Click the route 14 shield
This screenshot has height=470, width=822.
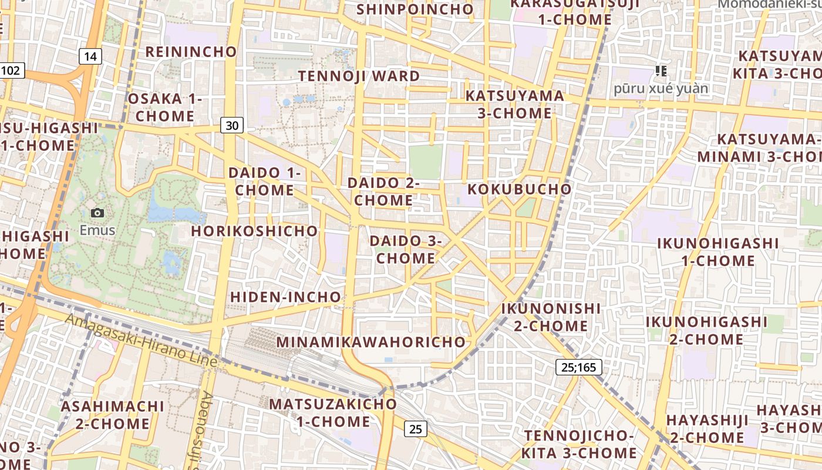pos(90,56)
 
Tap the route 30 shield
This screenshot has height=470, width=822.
pos(233,125)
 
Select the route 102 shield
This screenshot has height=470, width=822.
pos(11,71)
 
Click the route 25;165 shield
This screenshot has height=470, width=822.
pos(578,368)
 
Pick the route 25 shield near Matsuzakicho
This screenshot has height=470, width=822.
pos(415,429)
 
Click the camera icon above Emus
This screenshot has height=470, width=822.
pos(97,213)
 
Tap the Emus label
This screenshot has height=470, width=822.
pos(97,230)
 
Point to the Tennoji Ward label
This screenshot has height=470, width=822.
pos(359,76)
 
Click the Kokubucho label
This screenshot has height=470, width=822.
pos(519,189)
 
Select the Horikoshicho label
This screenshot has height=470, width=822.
pos(254,231)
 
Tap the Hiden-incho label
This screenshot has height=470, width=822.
pos(285,297)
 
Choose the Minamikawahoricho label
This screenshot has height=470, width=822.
pos(370,342)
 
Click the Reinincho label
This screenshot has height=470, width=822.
pos(191,52)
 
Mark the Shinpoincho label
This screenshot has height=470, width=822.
pos(415,9)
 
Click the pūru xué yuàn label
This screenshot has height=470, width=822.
pos(661,89)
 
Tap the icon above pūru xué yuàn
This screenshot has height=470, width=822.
pos(661,71)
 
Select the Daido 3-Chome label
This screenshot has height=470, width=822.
pos(406,249)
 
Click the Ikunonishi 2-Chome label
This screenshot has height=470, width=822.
pos(551,317)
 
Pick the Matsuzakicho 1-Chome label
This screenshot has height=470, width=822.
pos(333,412)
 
